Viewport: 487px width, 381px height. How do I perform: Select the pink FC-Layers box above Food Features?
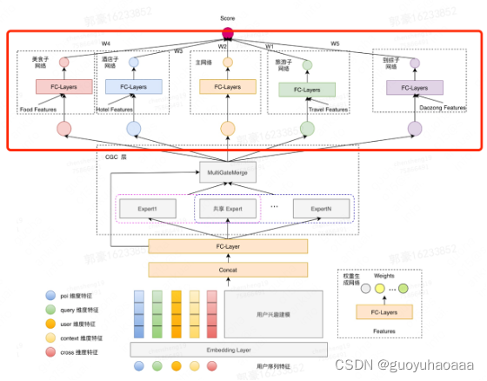58,88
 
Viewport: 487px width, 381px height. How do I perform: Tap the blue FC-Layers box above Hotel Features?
133,88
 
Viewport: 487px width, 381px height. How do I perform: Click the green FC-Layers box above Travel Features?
307,90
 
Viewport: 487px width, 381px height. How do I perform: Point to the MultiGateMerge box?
228,173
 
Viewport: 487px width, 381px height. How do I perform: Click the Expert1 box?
145,209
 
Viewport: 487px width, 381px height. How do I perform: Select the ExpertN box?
315,209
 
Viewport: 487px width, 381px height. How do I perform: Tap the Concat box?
228,270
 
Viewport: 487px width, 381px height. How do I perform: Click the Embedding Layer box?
228,349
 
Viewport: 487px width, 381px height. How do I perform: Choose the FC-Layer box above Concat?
228,247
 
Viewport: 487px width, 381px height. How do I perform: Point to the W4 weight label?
105,43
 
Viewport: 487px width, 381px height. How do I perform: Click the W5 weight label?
335,43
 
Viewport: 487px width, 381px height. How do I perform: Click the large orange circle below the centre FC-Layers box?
228,129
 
